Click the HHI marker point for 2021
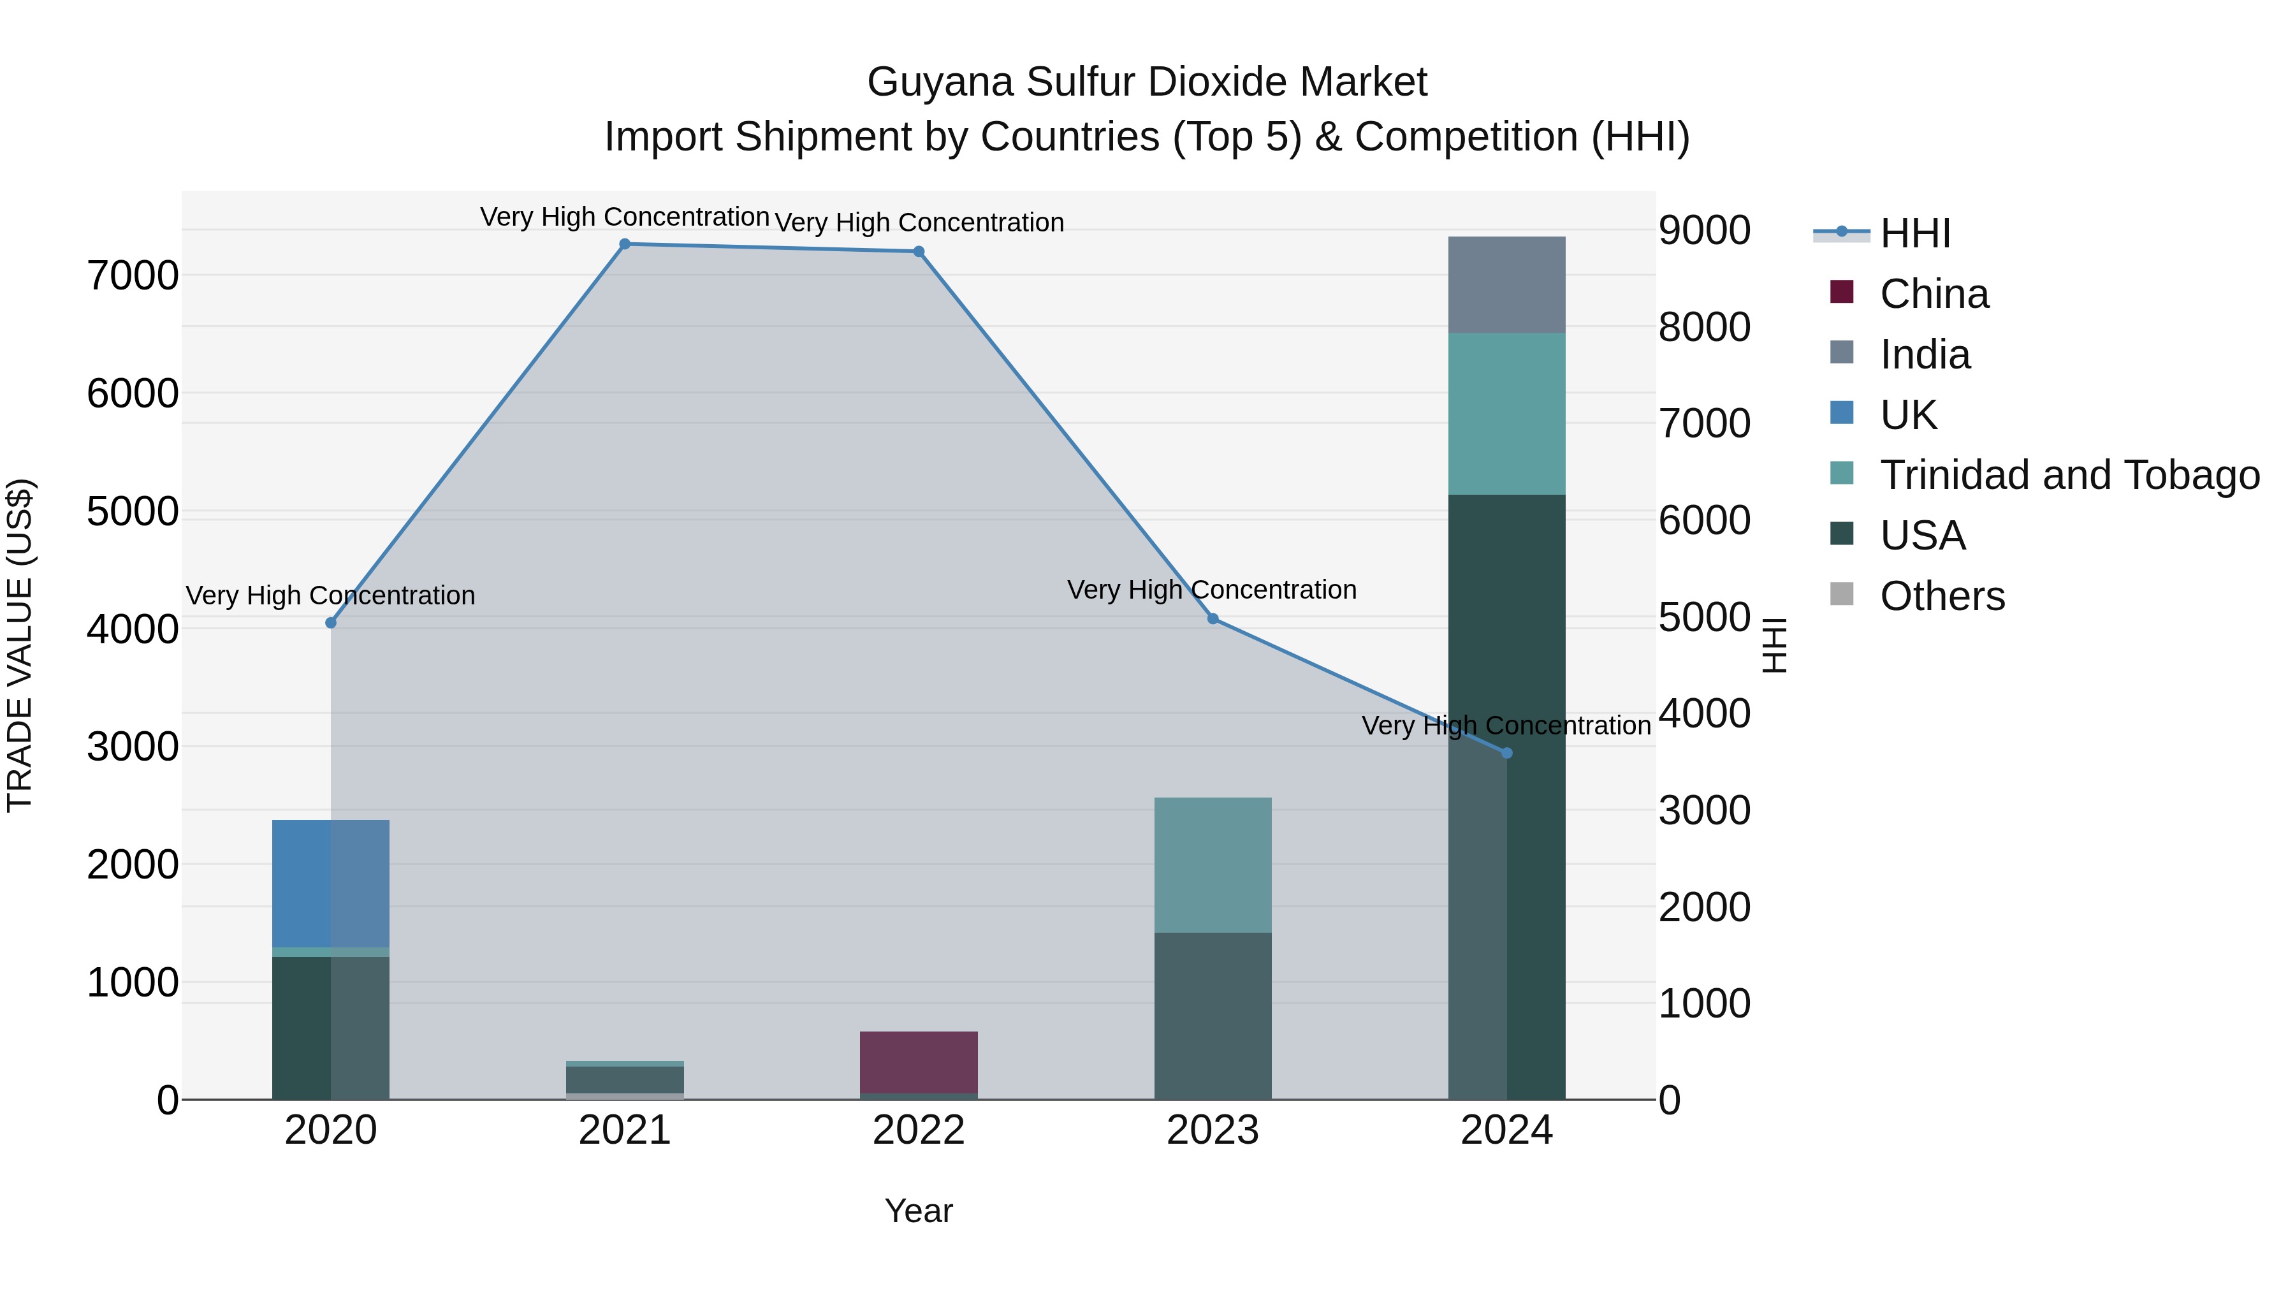coord(625,244)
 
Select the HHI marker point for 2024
coord(1506,753)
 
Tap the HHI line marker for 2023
coord(1213,618)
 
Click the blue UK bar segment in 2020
coord(330,882)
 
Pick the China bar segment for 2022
coord(919,1061)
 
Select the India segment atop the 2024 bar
coord(1506,284)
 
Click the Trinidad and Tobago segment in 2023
coord(1213,864)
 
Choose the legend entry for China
coord(1934,294)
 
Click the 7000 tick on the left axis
coord(133,275)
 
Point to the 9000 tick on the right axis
coord(1704,230)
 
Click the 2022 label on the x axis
coord(919,1130)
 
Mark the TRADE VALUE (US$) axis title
coord(20,645)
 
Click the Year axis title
coord(919,1211)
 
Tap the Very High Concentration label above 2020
coord(330,595)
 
